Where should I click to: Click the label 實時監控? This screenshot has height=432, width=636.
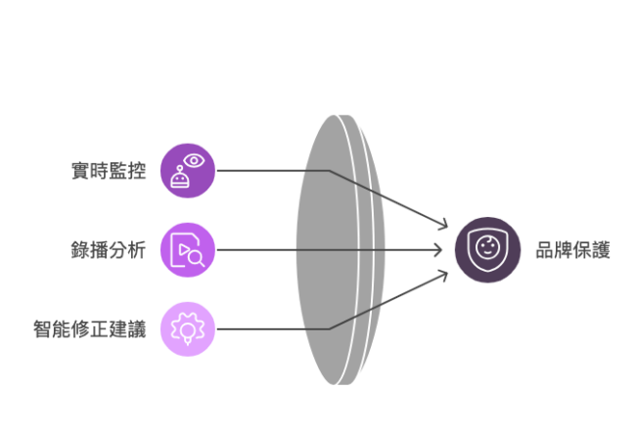110,170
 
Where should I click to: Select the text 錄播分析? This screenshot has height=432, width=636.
110,250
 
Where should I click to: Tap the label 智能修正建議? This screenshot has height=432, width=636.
89,329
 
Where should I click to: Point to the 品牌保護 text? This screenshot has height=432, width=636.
573,250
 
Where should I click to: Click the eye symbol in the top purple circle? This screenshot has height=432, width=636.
194,159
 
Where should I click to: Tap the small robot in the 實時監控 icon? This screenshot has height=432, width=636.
179,179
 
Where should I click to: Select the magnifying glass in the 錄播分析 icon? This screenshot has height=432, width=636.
195,259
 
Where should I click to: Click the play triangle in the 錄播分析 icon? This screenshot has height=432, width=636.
183,248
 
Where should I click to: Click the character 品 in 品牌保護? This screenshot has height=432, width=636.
544,250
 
